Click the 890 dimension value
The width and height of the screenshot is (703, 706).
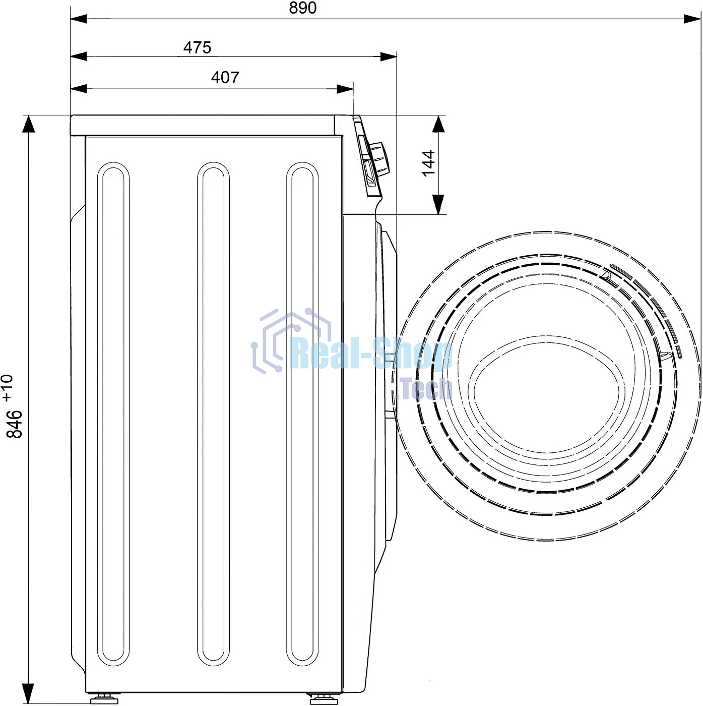click(x=302, y=8)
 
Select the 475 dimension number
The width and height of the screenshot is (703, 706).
click(x=198, y=47)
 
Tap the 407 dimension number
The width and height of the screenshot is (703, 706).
click(x=225, y=77)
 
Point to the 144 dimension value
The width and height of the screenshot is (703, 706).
click(x=428, y=163)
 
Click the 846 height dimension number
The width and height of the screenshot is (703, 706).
click(x=15, y=424)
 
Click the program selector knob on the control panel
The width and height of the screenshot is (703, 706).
click(x=378, y=158)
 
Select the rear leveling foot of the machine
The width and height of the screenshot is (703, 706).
click(x=104, y=699)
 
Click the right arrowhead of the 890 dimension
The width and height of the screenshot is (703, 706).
click(x=692, y=19)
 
